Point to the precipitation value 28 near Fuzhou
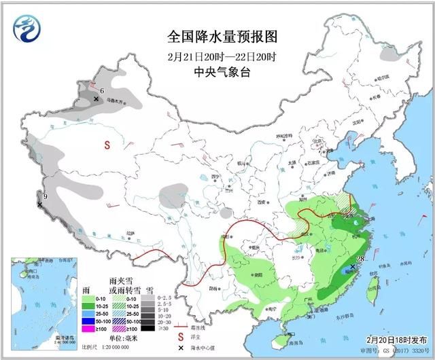pos(360,259)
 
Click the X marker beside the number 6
pos(97,99)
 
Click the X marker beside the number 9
pos(39,202)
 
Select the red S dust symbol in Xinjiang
pos(107,144)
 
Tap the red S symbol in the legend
pos(181,336)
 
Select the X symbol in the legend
pos(181,348)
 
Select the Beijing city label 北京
pos(315,141)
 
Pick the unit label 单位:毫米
pos(122,338)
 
